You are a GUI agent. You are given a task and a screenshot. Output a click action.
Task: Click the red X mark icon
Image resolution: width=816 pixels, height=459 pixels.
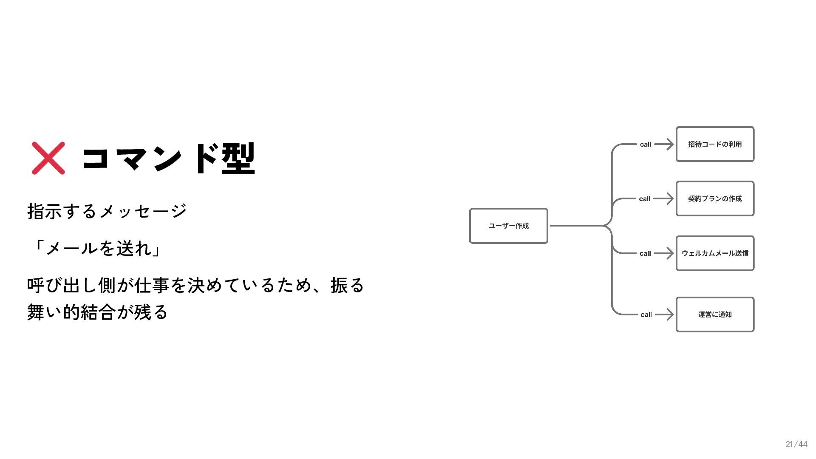coord(48,158)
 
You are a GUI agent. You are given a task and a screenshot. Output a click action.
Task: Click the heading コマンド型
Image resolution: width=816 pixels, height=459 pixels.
coord(168,159)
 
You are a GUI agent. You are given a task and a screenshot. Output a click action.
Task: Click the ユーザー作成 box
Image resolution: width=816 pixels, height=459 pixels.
coord(508,226)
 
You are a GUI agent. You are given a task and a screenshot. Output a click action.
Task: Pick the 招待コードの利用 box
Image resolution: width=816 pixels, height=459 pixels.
coord(715,144)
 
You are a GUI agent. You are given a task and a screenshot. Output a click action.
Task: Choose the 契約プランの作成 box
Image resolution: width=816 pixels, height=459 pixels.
coord(715,198)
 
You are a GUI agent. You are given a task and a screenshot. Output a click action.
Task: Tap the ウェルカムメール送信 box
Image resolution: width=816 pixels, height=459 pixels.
coord(715,253)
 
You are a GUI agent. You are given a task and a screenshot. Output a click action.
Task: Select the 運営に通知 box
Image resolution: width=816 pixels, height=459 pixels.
coord(715,314)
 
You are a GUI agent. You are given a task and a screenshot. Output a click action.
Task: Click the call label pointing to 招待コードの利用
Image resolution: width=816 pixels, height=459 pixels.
coord(645,144)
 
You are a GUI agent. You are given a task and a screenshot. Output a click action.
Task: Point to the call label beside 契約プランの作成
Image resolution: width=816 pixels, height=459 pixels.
coord(644,199)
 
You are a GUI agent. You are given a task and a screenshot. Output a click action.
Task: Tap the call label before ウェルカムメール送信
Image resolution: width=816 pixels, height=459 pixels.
coord(645,254)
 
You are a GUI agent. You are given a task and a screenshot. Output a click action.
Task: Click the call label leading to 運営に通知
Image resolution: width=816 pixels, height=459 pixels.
coord(646,315)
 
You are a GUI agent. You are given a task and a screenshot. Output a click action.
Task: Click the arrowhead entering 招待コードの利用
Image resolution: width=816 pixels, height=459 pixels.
coord(669,144)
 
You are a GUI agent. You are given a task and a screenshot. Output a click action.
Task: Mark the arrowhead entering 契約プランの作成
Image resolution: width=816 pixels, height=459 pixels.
coord(669,198)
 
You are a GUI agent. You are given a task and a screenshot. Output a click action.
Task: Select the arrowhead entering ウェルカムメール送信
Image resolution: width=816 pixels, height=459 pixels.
coord(669,253)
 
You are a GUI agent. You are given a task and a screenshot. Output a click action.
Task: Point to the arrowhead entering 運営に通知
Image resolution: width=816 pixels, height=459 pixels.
coord(669,314)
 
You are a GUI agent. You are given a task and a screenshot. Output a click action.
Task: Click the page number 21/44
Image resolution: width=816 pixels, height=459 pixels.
coord(796,444)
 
